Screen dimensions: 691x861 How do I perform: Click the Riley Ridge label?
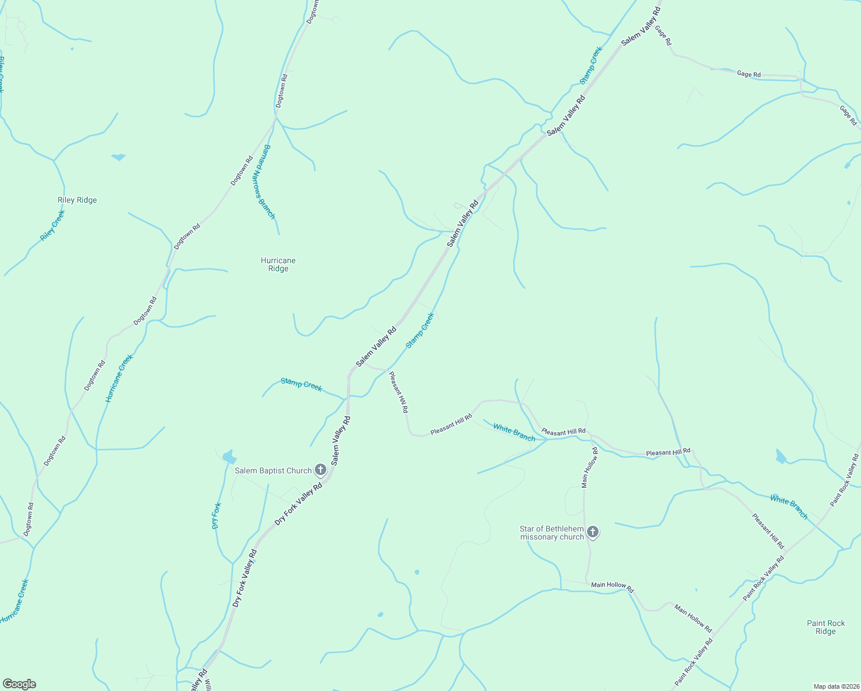point(77,200)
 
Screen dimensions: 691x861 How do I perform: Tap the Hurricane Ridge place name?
point(278,264)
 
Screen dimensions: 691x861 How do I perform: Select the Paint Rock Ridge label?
point(825,627)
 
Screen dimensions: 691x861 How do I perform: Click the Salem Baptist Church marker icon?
point(321,470)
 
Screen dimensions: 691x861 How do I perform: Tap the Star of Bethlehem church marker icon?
point(593,532)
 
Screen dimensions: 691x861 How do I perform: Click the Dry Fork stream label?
point(216,515)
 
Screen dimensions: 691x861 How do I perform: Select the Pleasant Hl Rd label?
point(398,392)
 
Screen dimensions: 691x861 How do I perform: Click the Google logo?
point(19,684)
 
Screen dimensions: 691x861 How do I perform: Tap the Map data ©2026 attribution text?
point(835,686)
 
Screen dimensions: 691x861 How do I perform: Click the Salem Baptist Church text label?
point(273,470)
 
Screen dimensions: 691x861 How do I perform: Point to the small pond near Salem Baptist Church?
point(228,457)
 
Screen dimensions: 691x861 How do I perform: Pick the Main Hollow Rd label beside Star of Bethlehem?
point(590,468)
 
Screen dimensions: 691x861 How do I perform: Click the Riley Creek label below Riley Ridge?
point(52,225)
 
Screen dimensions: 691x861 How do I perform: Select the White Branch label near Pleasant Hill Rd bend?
point(514,433)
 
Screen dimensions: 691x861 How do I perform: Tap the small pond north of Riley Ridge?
point(119,157)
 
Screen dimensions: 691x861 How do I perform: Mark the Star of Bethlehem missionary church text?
point(551,533)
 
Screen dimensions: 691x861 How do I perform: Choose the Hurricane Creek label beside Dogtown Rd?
point(120,378)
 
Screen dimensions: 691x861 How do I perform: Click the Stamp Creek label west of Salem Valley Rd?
point(301,384)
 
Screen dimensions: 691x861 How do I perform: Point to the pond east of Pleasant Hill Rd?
point(780,457)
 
